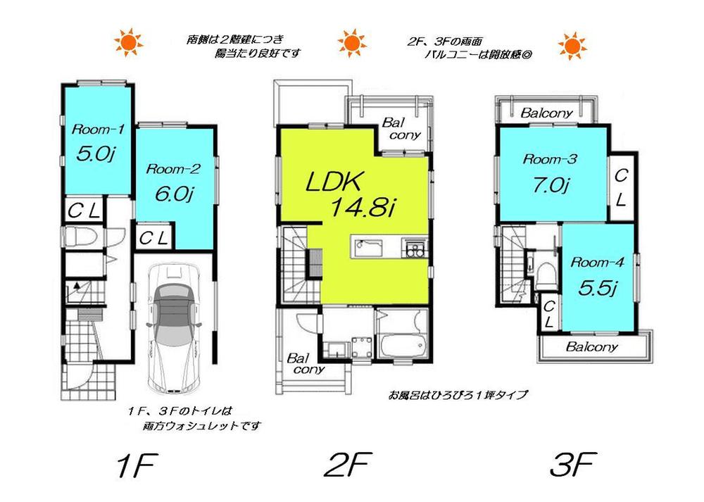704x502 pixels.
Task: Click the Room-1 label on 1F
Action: [99, 129]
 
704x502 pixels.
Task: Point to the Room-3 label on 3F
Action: [550, 160]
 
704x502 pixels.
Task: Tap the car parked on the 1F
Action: [173, 328]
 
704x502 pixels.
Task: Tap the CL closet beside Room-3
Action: [620, 187]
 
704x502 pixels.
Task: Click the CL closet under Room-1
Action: [86, 210]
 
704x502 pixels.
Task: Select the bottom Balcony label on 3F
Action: [592, 346]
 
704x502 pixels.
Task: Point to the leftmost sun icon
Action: [129, 44]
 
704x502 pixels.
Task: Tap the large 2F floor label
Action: [350, 465]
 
